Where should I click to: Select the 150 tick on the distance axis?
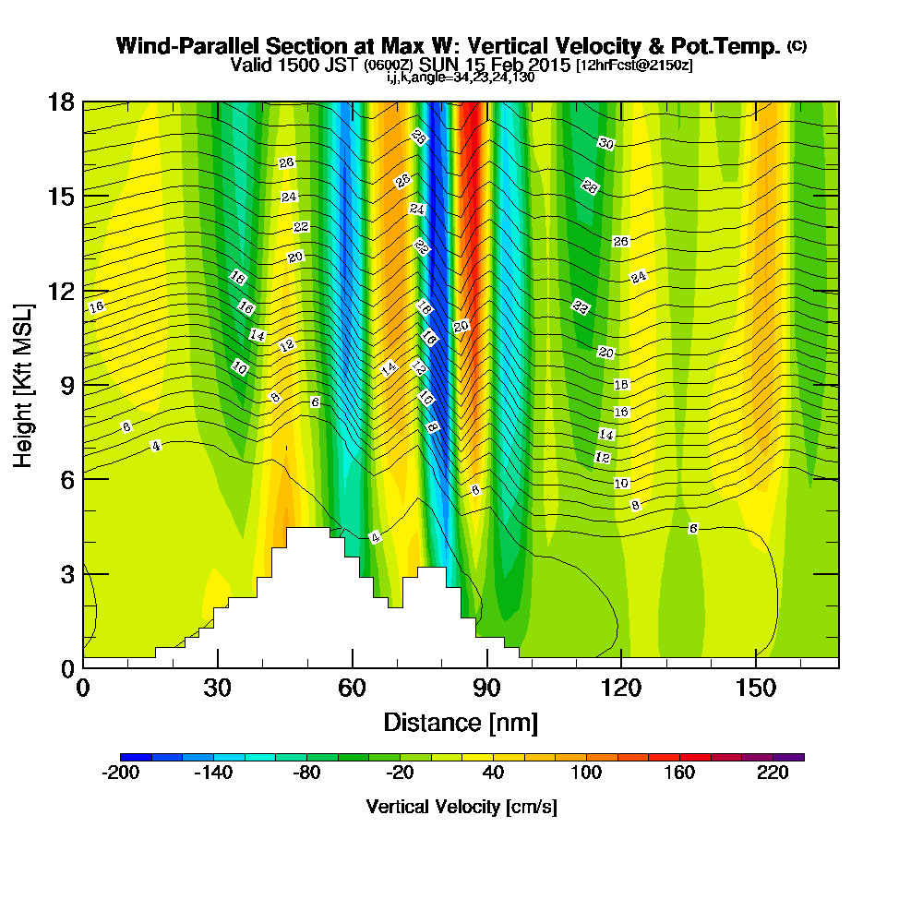pyautogui.click(x=755, y=689)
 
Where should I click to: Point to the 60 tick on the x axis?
pyautogui.click(x=352, y=689)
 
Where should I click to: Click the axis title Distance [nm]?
pyautogui.click(x=460, y=722)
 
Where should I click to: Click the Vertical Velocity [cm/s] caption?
pyautogui.click(x=461, y=807)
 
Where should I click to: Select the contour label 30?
pyautogui.click(x=605, y=144)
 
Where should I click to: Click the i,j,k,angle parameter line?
pyautogui.click(x=460, y=78)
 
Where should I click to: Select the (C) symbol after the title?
pyautogui.click(x=797, y=45)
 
